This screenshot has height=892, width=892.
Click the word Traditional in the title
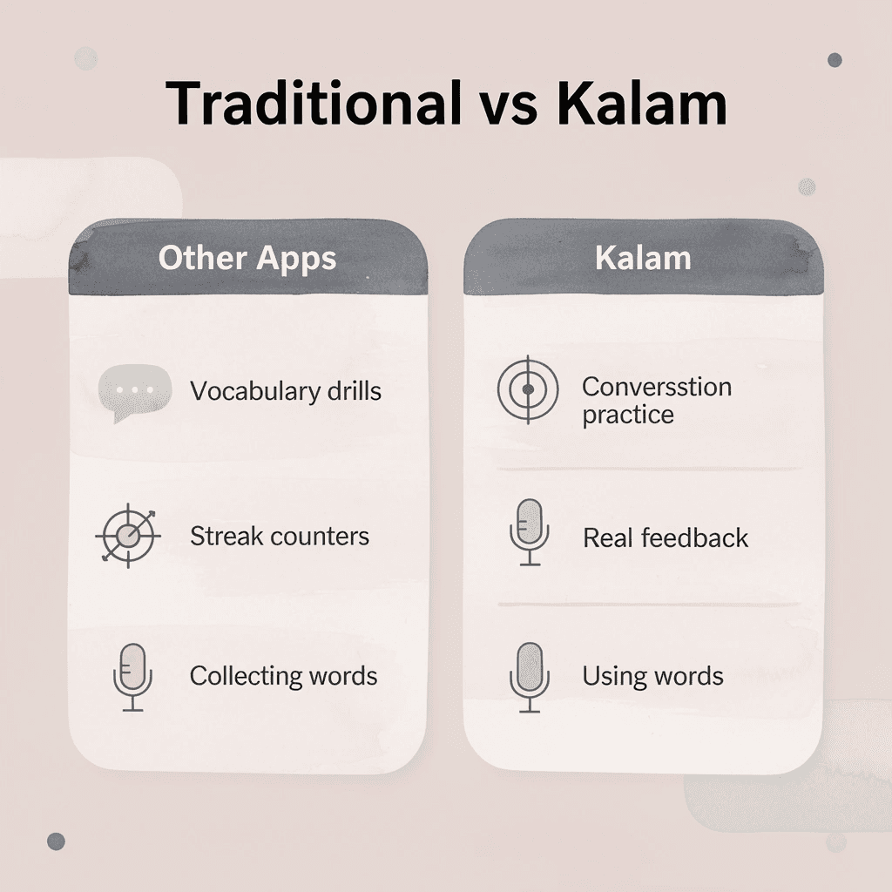[x=314, y=105]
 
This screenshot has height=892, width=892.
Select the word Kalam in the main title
[x=641, y=105]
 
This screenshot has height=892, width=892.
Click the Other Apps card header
[x=247, y=259]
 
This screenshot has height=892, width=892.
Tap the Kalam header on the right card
[x=643, y=259]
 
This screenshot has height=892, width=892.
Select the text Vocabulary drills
[x=286, y=391]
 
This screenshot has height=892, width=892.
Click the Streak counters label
[x=280, y=536]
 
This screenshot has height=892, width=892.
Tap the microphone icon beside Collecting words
[x=132, y=678]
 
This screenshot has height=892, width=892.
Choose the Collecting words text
[x=284, y=676]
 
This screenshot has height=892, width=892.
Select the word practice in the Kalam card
[x=628, y=415]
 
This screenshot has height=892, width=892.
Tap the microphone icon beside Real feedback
[x=529, y=532]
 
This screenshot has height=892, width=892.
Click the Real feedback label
[x=666, y=537]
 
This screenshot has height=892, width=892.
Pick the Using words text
[x=652, y=676]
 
